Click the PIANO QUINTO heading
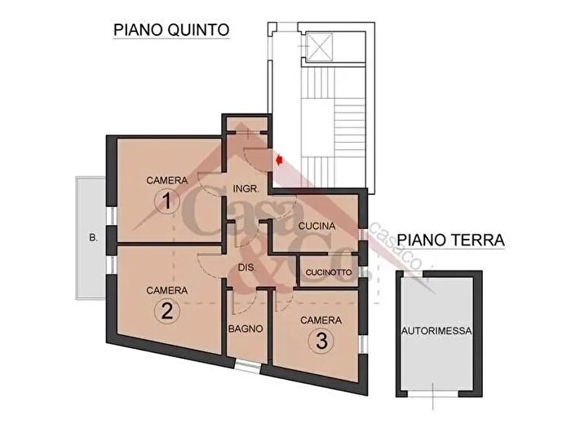[171, 30]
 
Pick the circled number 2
[166, 311]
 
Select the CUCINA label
[314, 225]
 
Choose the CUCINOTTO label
[329, 272]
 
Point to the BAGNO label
[245, 329]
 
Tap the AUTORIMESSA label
[438, 331]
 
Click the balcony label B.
[94, 239]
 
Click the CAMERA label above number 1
[166, 179]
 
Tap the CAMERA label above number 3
[321, 320]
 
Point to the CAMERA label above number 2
[166, 290]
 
